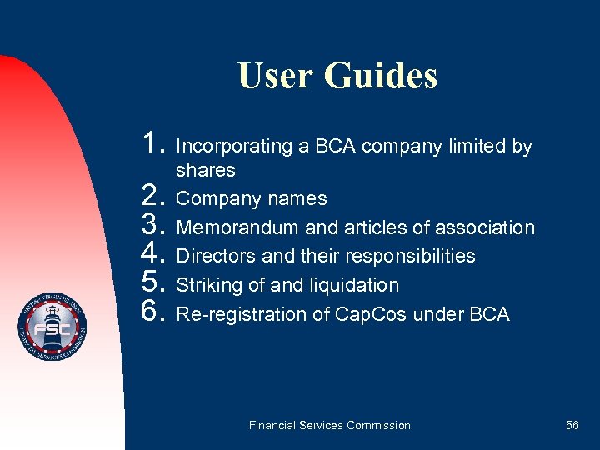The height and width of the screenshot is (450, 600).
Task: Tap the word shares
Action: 206,170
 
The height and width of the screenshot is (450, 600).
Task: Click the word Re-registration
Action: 237,314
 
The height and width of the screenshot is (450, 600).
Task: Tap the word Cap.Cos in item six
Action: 361,314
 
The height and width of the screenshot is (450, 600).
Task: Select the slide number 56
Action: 572,425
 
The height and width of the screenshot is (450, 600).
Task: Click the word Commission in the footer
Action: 379,425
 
